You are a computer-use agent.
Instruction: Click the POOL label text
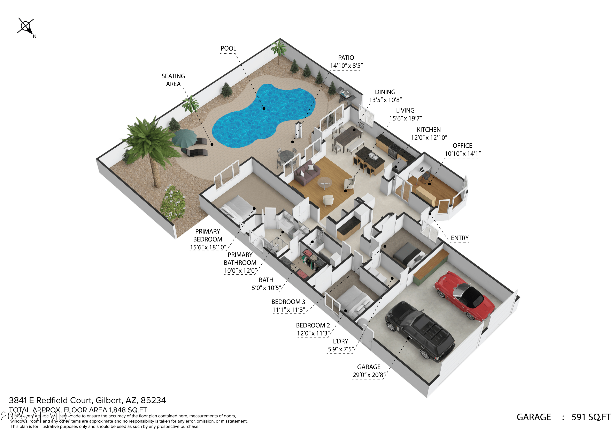click(x=228, y=48)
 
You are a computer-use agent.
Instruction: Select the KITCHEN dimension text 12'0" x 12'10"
click(x=429, y=138)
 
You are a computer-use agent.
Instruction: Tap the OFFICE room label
click(x=462, y=146)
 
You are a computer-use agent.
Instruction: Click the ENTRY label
click(x=460, y=238)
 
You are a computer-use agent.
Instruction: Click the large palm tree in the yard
click(x=150, y=145)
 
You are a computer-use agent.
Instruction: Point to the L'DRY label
click(x=340, y=341)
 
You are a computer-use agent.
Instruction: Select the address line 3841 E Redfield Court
click(x=87, y=400)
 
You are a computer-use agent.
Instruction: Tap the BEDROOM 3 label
click(x=288, y=302)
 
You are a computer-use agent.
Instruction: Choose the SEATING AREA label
click(x=173, y=80)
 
